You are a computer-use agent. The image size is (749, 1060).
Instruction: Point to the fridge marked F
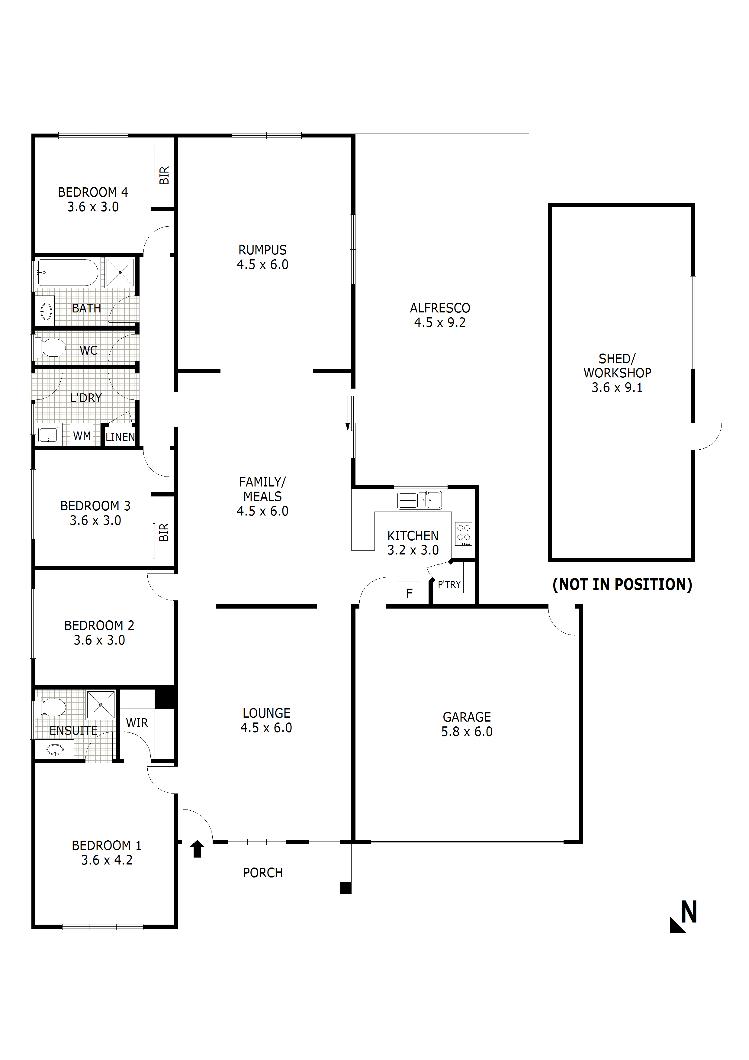pyautogui.click(x=409, y=593)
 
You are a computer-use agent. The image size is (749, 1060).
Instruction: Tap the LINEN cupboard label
pyautogui.click(x=120, y=437)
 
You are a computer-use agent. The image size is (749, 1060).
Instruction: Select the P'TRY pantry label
pyautogui.click(x=449, y=584)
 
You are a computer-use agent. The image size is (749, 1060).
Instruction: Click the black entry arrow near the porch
pyautogui.click(x=198, y=848)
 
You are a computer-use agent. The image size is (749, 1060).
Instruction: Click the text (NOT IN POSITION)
pyautogui.click(x=622, y=584)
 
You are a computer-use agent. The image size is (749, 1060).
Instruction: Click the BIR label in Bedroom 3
pyautogui.click(x=164, y=532)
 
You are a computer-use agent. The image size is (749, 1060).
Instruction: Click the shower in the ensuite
pyautogui.click(x=101, y=705)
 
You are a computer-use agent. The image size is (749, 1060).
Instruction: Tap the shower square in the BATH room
pyautogui.click(x=120, y=272)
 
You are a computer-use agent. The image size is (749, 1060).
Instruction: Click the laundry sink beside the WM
pyautogui.click(x=48, y=435)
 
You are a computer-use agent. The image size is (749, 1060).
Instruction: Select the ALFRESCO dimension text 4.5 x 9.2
pyautogui.click(x=440, y=323)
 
